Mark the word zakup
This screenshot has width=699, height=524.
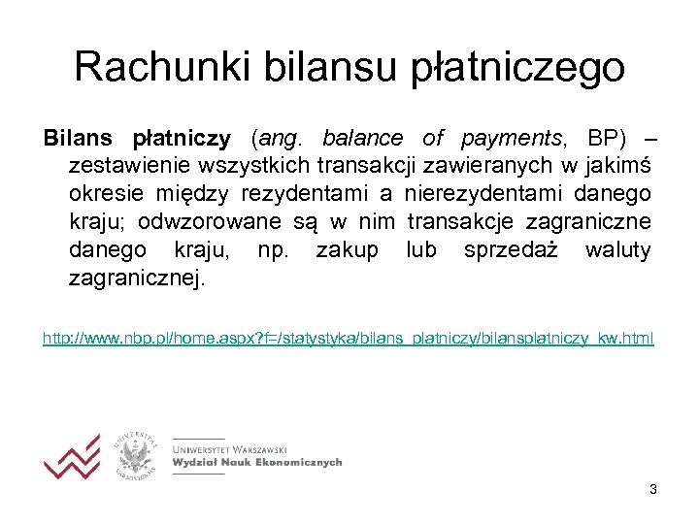click(347, 250)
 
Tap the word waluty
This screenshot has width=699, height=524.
click(617, 250)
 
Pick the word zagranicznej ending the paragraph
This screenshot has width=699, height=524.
click(137, 279)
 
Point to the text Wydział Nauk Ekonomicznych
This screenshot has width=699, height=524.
click(256, 463)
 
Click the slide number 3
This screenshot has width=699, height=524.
click(653, 490)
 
